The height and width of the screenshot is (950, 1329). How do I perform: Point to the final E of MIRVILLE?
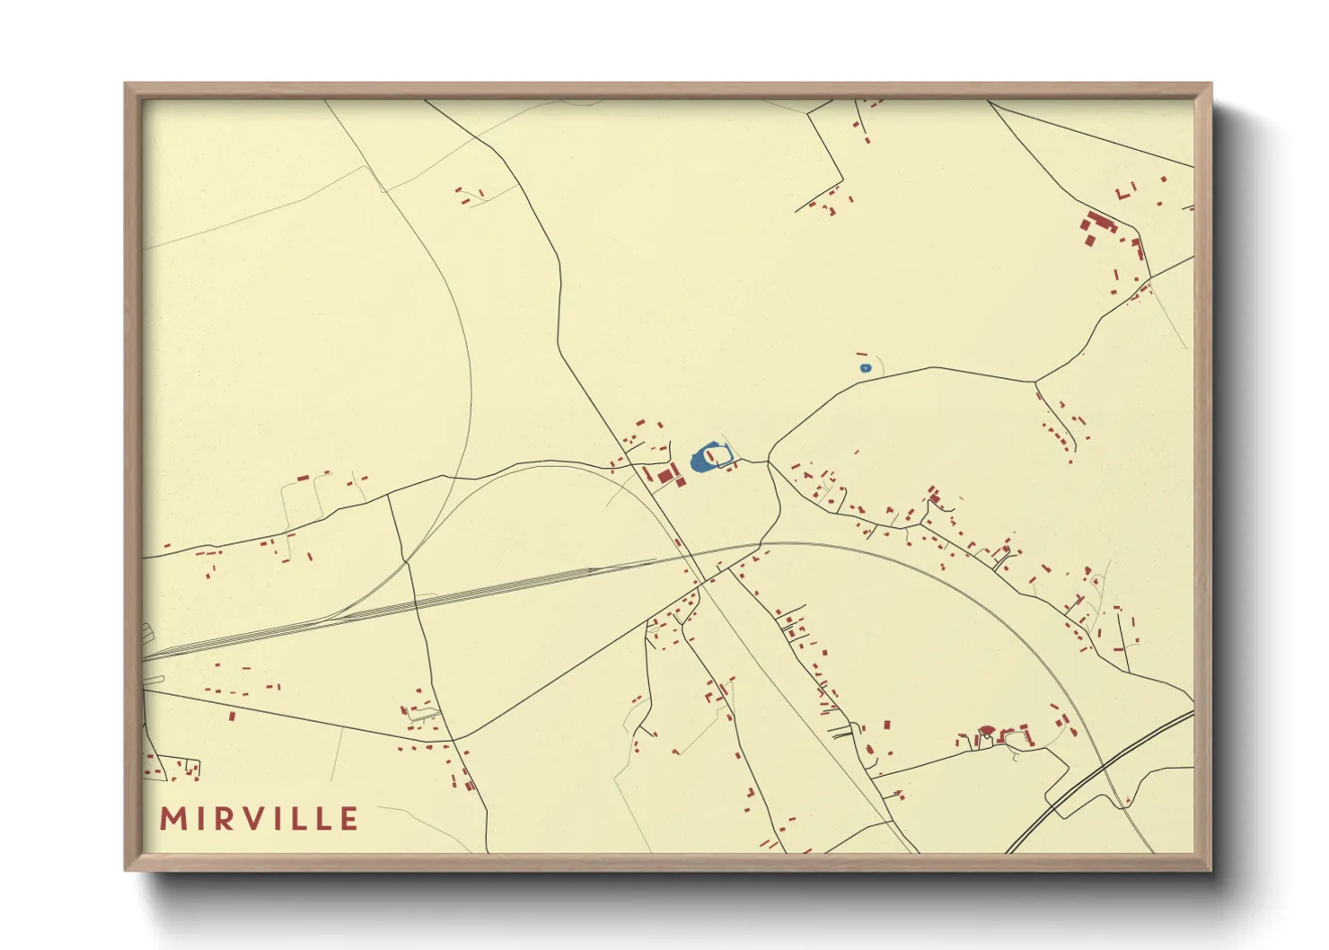tap(348, 819)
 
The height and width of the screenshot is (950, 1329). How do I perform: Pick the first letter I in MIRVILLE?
tap(200, 819)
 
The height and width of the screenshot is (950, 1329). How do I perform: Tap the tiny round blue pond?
tap(865, 368)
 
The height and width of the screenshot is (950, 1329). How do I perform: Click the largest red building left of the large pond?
tap(666, 474)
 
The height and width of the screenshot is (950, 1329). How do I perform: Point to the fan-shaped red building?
tap(984, 730)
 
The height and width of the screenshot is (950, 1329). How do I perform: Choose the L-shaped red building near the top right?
tap(1122, 193)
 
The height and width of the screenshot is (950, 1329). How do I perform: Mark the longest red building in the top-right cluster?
tap(1099, 222)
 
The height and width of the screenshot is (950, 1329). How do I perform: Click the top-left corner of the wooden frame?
tap(127, 84)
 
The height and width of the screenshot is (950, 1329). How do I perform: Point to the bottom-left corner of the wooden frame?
tap(127, 869)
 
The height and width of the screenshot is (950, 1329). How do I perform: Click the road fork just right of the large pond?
tap(769, 462)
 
